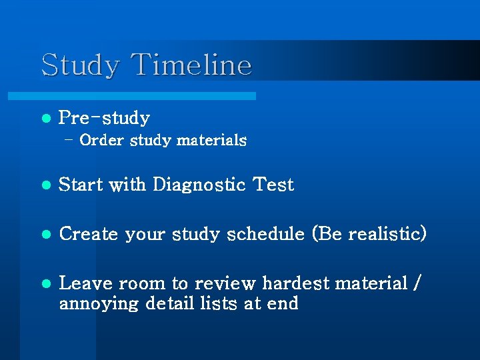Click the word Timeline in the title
click(192, 65)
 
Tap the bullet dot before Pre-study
click(45, 119)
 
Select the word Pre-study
click(104, 119)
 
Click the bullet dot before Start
click(45, 185)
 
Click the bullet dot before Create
click(45, 235)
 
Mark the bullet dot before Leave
click(45, 284)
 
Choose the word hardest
click(296, 283)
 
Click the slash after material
click(417, 284)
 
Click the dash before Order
click(69, 140)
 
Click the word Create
click(89, 235)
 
